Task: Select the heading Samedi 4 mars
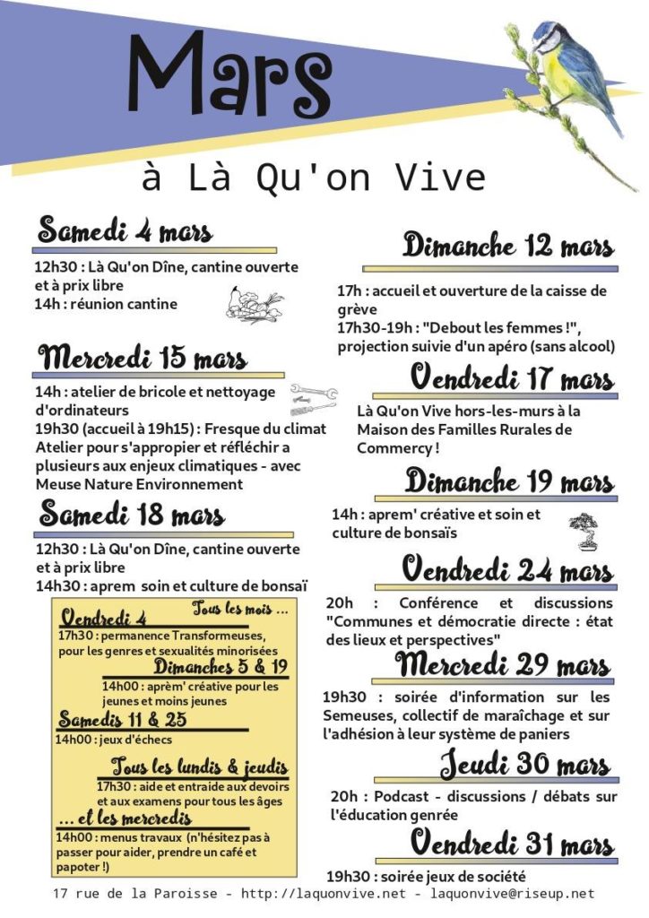coord(125,231)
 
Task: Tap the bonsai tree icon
coord(583,530)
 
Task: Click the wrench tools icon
coord(313,398)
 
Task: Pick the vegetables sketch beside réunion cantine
coord(254,304)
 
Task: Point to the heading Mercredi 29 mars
coord(503,666)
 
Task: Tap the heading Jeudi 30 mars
coord(525,766)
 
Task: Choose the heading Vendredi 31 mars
coord(512,844)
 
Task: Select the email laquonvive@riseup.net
coord(512,894)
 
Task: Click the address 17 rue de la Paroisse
coord(132,894)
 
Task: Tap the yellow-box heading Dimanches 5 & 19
coord(221,667)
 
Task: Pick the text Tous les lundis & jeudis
coord(200,767)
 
